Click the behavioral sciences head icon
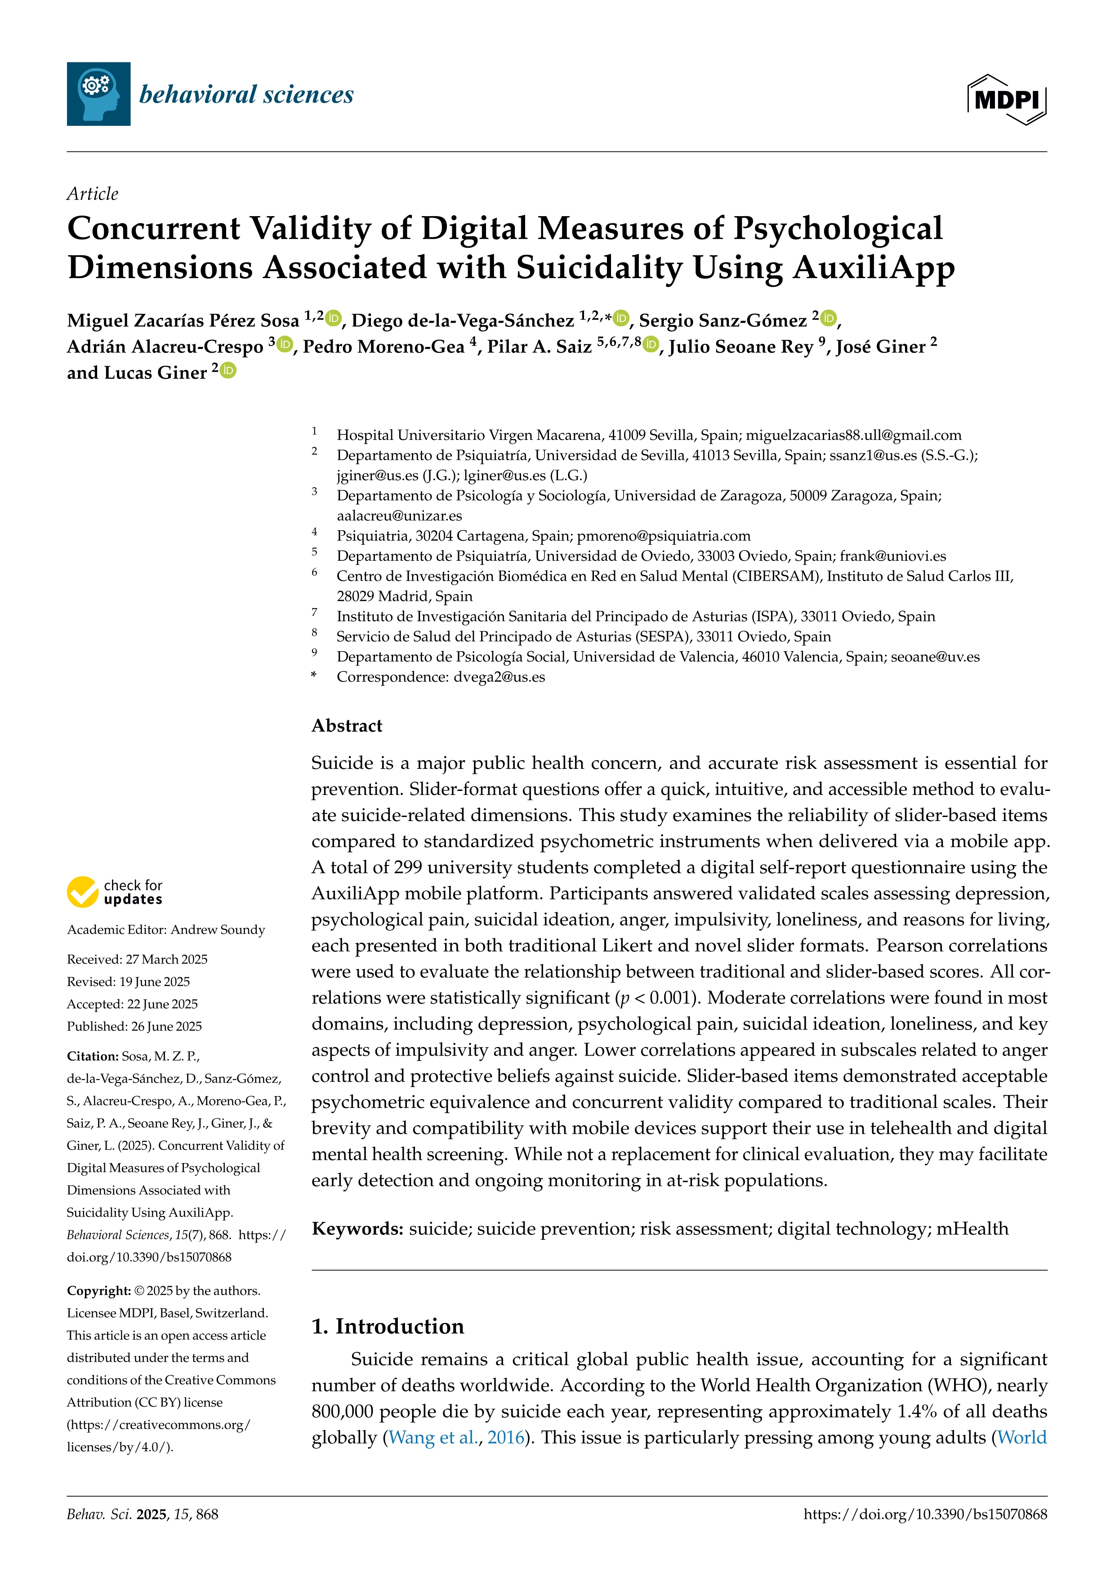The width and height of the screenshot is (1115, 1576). point(98,94)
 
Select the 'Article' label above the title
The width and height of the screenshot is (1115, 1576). point(92,194)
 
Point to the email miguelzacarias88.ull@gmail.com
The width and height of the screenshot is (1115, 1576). point(853,435)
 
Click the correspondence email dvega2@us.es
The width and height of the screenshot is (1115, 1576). point(499,677)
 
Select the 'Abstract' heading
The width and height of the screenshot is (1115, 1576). point(347,726)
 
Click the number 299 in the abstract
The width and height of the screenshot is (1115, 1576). point(407,868)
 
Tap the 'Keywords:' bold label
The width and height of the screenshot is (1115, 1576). point(357,1229)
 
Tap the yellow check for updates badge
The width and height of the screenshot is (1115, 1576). point(82,892)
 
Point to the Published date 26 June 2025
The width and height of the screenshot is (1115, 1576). point(164,1026)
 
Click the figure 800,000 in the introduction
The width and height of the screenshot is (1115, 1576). point(342,1411)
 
